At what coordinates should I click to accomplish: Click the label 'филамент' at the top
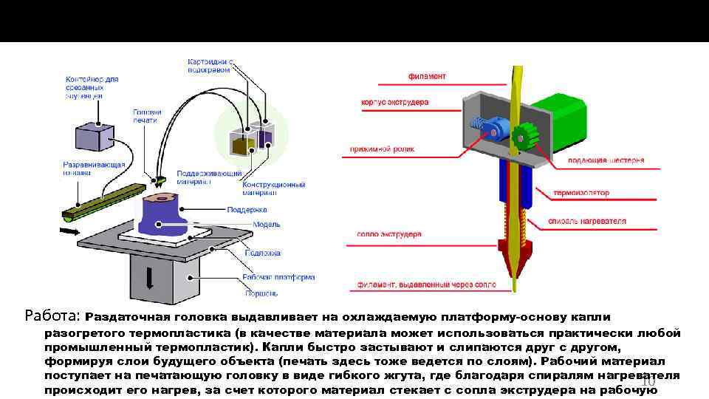[427, 76]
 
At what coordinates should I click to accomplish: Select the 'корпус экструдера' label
[395, 102]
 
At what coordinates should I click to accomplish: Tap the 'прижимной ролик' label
[382, 149]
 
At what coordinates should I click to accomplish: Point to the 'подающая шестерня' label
[606, 160]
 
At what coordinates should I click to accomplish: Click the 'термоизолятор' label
[581, 193]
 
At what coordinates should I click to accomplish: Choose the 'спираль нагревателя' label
[586, 220]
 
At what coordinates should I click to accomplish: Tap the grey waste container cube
[94, 137]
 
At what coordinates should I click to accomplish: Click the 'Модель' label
[266, 225]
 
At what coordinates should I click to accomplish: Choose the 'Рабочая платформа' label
[278, 278]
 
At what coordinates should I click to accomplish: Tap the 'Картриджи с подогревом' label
[211, 65]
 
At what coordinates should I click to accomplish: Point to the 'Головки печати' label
[147, 115]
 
